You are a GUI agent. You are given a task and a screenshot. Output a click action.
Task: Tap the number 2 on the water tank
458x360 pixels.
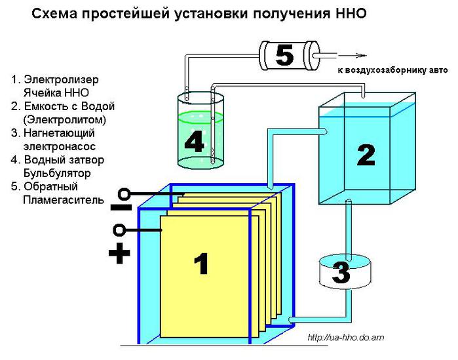(x=365, y=155)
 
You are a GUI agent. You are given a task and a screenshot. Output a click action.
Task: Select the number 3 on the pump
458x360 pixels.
(x=341, y=272)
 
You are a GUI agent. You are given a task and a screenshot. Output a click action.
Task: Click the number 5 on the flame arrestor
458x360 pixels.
(x=284, y=55)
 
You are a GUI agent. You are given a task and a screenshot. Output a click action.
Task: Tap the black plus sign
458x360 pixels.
(x=119, y=254)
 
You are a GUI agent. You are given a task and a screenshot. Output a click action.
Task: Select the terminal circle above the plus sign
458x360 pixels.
(x=119, y=230)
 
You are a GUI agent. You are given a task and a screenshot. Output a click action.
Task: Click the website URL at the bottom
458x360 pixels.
(x=345, y=338)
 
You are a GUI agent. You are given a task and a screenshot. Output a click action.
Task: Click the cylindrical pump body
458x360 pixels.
(x=341, y=274)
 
